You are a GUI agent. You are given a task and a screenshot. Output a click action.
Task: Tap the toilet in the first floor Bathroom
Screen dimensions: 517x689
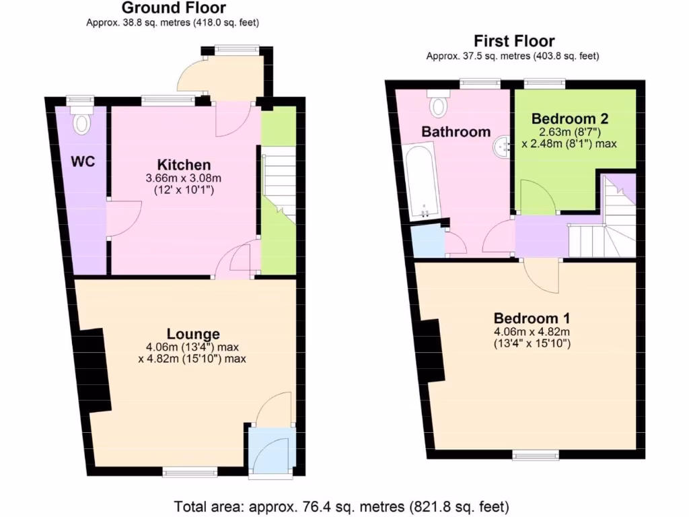pyautogui.click(x=439, y=105)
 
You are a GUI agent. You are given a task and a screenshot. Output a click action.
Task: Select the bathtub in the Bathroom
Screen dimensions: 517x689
pyautogui.click(x=423, y=182)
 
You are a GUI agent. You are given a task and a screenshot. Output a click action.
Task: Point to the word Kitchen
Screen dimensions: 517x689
pyautogui.click(x=184, y=165)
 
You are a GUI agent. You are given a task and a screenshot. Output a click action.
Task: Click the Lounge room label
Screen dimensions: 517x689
pyautogui.click(x=193, y=334)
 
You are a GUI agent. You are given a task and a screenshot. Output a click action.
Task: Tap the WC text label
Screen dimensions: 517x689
pyautogui.click(x=83, y=162)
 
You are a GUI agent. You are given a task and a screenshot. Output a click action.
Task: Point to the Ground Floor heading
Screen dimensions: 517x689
pyautogui.click(x=173, y=8)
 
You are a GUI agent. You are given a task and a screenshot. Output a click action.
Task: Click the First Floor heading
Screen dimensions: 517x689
pyautogui.click(x=514, y=41)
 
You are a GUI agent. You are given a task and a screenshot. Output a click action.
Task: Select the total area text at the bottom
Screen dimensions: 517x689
pyautogui.click(x=342, y=505)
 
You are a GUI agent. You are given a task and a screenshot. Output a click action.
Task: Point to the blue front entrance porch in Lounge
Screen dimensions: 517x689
pyautogui.click(x=270, y=450)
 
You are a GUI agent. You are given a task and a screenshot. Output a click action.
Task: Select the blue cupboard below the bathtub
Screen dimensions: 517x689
pyautogui.click(x=428, y=241)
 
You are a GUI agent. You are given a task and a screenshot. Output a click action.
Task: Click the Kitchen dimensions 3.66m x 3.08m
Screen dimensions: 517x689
pyautogui.click(x=184, y=178)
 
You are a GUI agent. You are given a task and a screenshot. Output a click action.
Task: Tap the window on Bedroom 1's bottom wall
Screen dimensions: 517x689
pyautogui.click(x=536, y=456)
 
